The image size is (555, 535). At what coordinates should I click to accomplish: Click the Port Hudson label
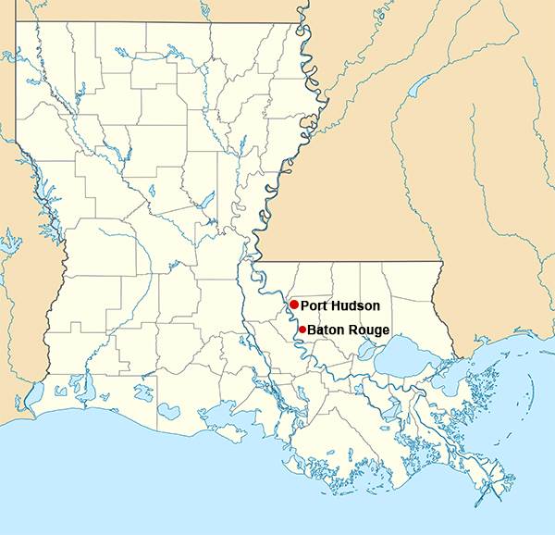point(339,305)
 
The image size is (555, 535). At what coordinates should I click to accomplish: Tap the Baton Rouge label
point(348,330)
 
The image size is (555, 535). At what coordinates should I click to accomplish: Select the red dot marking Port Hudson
point(293,305)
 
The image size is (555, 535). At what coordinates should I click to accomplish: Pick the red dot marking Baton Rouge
point(302,329)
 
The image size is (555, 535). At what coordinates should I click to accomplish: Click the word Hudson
point(356,305)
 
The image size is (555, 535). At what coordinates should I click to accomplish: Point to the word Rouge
point(369,330)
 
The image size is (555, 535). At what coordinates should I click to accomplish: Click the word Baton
point(327,330)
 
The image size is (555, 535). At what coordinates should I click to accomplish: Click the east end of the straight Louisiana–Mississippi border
point(440,261)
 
